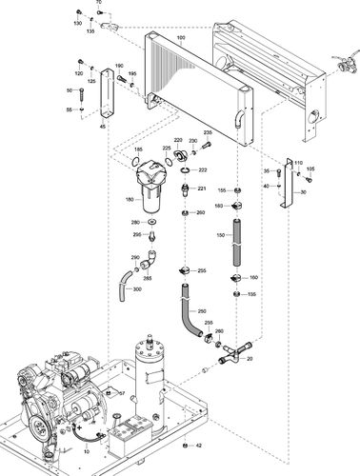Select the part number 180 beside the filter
click(x=130, y=200)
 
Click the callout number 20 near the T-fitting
click(x=250, y=359)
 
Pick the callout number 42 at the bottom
click(x=199, y=446)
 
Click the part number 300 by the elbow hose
click(x=137, y=288)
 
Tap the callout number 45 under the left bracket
click(x=103, y=126)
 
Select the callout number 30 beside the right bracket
click(x=303, y=191)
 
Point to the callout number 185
click(x=138, y=150)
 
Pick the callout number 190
click(x=119, y=65)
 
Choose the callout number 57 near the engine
click(x=121, y=392)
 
